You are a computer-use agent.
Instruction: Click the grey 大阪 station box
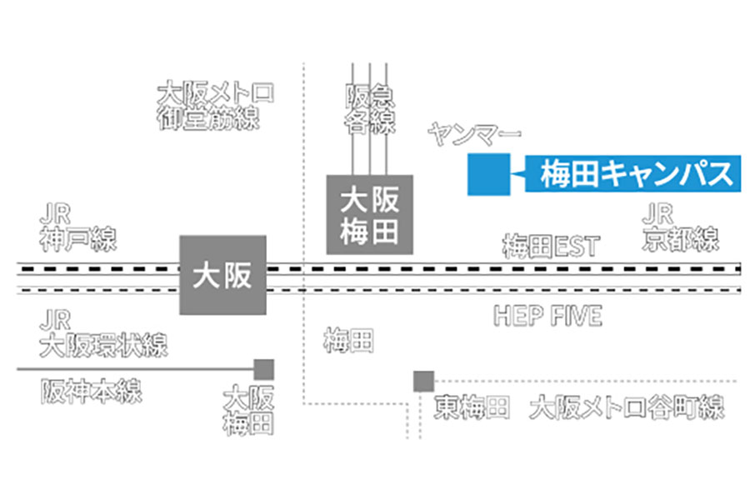(222, 275)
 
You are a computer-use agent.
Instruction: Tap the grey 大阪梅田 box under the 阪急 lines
(370, 213)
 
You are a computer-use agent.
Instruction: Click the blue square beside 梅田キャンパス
(488, 175)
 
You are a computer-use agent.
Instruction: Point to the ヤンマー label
(474, 132)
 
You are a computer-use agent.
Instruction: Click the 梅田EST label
(551, 246)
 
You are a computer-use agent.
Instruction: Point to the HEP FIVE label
(547, 316)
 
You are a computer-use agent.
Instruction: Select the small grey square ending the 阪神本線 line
(264, 369)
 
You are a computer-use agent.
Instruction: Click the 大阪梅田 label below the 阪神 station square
(248, 409)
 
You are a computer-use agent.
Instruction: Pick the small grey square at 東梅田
(423, 381)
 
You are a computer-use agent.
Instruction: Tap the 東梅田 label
(472, 408)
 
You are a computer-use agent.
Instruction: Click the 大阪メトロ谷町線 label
(627, 408)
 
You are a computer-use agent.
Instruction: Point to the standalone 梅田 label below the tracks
(349, 340)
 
